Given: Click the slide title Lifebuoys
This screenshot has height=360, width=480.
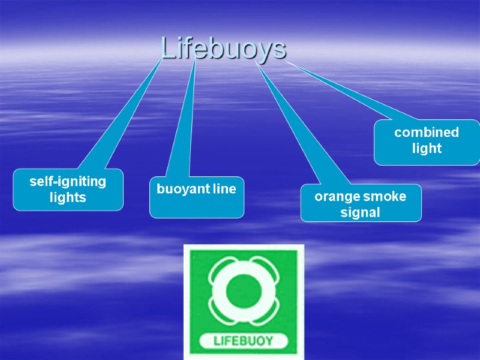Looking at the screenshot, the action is pyautogui.click(x=223, y=49).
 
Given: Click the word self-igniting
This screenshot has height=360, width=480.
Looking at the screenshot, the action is pyautogui.click(x=68, y=181).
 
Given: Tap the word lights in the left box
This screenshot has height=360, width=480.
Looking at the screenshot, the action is pyautogui.click(x=68, y=197).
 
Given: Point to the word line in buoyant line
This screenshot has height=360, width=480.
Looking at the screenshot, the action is pyautogui.click(x=224, y=190).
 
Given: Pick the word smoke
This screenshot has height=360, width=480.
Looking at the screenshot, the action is pyautogui.click(x=385, y=196).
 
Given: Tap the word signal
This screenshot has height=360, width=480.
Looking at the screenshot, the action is pyautogui.click(x=360, y=212).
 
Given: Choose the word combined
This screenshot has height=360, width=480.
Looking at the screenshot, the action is pyautogui.click(x=427, y=133).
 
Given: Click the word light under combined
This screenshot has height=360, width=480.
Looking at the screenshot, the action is pyautogui.click(x=427, y=148).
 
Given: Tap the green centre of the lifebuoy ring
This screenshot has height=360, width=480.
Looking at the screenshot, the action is pyautogui.click(x=243, y=291).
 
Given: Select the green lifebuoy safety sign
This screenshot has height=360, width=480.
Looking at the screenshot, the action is pyautogui.click(x=243, y=300).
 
